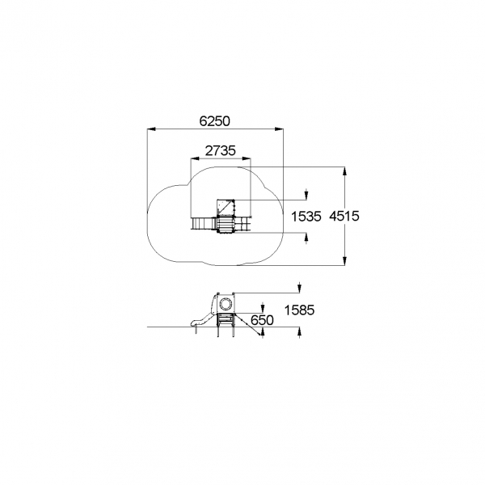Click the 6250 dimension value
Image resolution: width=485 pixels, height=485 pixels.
coord(215,121)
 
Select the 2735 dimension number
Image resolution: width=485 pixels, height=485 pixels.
coord(220,150)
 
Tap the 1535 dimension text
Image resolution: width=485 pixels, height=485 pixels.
coord(306,217)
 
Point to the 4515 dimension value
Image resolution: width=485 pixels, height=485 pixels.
coord(344,216)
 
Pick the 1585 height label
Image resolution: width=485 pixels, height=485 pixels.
coord(299,310)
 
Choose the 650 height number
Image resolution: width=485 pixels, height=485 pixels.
coord(262,320)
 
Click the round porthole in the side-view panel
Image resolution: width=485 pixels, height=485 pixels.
coord(226,304)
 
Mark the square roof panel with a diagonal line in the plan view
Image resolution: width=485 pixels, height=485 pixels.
coord(226,208)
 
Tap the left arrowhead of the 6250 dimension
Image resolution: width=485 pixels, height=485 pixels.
coord(150,129)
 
